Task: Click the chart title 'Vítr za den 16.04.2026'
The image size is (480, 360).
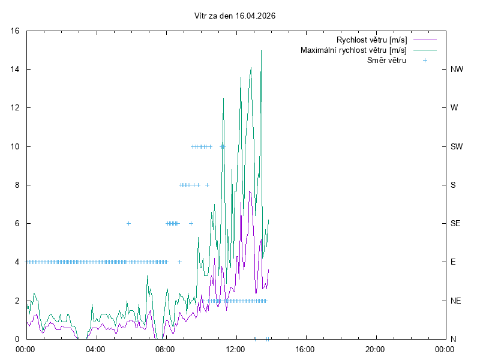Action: [235, 16]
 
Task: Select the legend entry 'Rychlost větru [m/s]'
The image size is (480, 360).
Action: [372, 40]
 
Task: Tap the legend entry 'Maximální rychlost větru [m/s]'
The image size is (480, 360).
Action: [354, 50]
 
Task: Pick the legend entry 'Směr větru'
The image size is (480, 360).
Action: [386, 60]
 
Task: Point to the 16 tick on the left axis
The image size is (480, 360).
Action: [15, 31]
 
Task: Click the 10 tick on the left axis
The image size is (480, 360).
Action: [15, 146]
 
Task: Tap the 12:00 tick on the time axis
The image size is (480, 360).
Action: [235, 349]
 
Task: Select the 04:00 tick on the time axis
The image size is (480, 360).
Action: [95, 349]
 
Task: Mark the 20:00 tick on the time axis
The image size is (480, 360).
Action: [375, 349]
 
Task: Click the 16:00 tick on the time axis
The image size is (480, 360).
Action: [305, 349]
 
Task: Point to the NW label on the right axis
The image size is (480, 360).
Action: [457, 69]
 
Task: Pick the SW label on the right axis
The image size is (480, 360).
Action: [457, 146]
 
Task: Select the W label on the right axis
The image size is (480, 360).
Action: [454, 108]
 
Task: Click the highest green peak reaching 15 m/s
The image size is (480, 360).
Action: [261, 50]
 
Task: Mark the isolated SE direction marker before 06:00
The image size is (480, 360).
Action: [128, 223]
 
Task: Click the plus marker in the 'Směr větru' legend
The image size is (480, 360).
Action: [425, 60]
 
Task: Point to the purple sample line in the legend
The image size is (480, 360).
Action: [425, 40]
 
